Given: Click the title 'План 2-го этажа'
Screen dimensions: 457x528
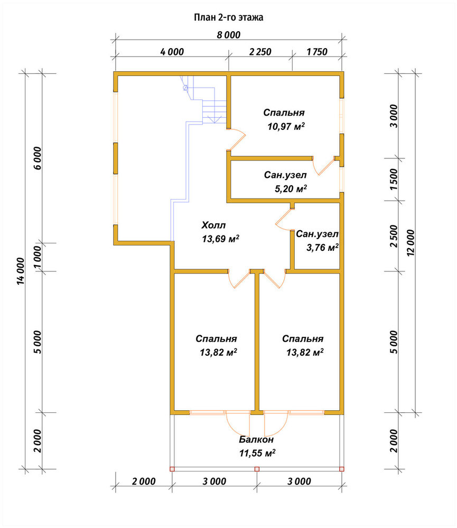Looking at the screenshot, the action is click(228, 17).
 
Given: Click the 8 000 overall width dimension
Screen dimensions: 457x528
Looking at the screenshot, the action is click(228, 35).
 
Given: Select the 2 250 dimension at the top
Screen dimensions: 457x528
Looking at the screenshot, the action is click(260, 52).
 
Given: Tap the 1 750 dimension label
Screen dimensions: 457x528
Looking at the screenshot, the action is click(317, 52).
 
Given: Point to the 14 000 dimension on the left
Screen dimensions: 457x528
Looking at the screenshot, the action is click(21, 271).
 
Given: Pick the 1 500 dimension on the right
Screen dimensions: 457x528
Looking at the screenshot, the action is click(394, 180).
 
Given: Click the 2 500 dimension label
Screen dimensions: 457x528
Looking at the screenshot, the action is click(394, 237).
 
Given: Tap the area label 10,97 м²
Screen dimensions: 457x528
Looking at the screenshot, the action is click(286, 127).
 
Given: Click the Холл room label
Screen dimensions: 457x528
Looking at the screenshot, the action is click(213, 225).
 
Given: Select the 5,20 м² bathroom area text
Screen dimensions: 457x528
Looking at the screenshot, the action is click(291, 188).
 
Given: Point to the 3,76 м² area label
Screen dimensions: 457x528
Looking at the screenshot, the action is click(322, 248).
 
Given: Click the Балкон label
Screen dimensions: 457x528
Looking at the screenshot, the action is click(256, 439).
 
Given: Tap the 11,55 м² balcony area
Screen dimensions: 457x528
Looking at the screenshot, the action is click(257, 453).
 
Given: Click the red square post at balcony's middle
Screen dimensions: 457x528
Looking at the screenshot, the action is click(257, 469).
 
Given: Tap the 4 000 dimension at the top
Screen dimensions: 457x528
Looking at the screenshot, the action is click(172, 52).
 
